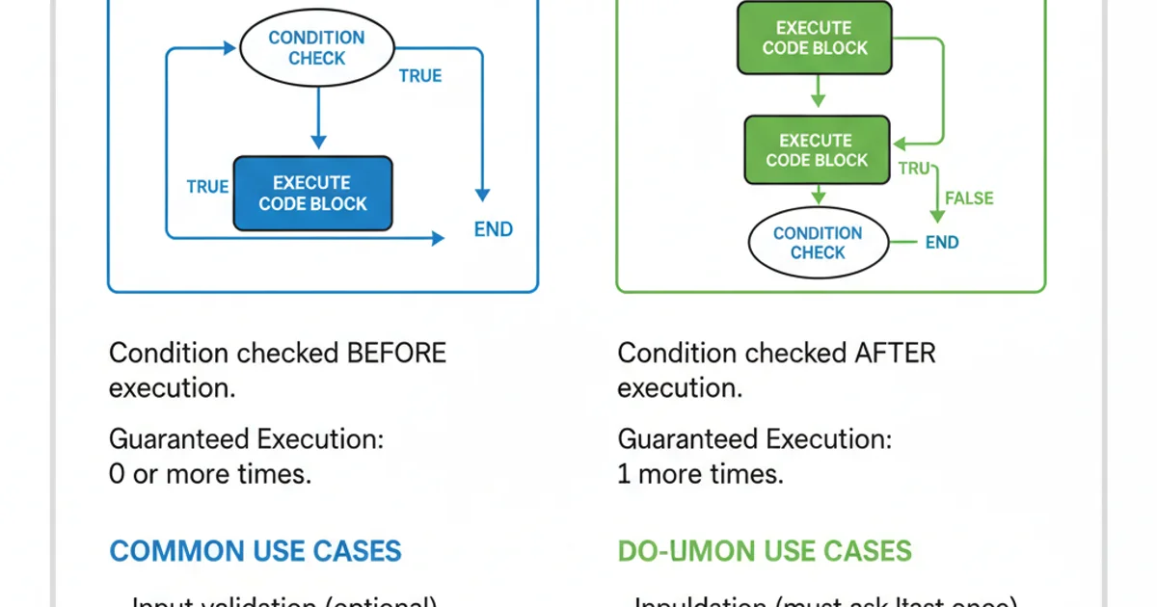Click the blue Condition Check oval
point(316,48)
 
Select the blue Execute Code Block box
point(313,194)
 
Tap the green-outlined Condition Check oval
point(818,243)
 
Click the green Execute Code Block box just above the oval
point(817,150)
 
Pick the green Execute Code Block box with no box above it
point(815,39)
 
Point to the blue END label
point(493,229)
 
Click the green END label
point(941,242)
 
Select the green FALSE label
point(968,198)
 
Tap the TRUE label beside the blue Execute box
point(207,187)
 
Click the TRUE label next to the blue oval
point(419,76)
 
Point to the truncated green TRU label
point(913,169)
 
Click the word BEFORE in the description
point(396,353)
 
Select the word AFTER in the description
point(895,353)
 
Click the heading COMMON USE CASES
point(255,551)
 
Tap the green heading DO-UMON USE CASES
point(764,551)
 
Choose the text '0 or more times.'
point(210,474)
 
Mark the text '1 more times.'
point(700,474)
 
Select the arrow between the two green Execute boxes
point(818,92)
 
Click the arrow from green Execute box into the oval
point(819,196)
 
